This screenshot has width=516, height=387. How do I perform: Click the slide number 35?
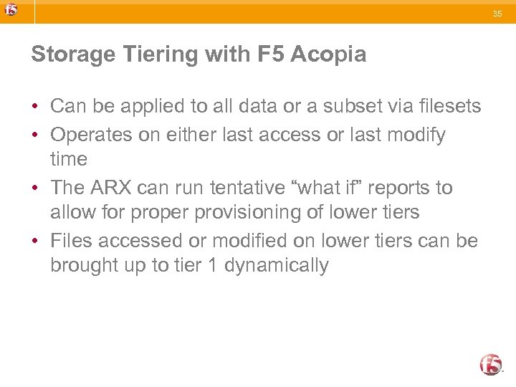point(498,13)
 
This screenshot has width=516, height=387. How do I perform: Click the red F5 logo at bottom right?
point(491,364)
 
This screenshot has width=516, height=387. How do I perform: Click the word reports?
point(397,188)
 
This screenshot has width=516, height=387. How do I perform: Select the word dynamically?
point(277,265)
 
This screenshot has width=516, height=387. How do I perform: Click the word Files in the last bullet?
point(72,241)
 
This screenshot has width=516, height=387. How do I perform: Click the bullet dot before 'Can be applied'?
point(34,107)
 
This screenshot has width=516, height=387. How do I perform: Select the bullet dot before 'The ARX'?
point(34,188)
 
